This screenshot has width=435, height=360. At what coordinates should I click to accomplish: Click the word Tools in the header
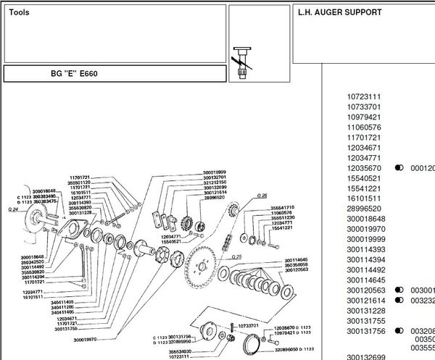20,13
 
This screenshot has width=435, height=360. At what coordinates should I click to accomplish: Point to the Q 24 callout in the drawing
12,209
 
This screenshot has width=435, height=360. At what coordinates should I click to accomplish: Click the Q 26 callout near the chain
262,196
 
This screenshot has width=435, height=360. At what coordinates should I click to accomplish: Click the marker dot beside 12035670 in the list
399,167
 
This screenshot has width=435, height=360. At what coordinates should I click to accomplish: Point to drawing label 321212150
215,182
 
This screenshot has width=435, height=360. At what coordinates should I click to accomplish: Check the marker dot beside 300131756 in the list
399,330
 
